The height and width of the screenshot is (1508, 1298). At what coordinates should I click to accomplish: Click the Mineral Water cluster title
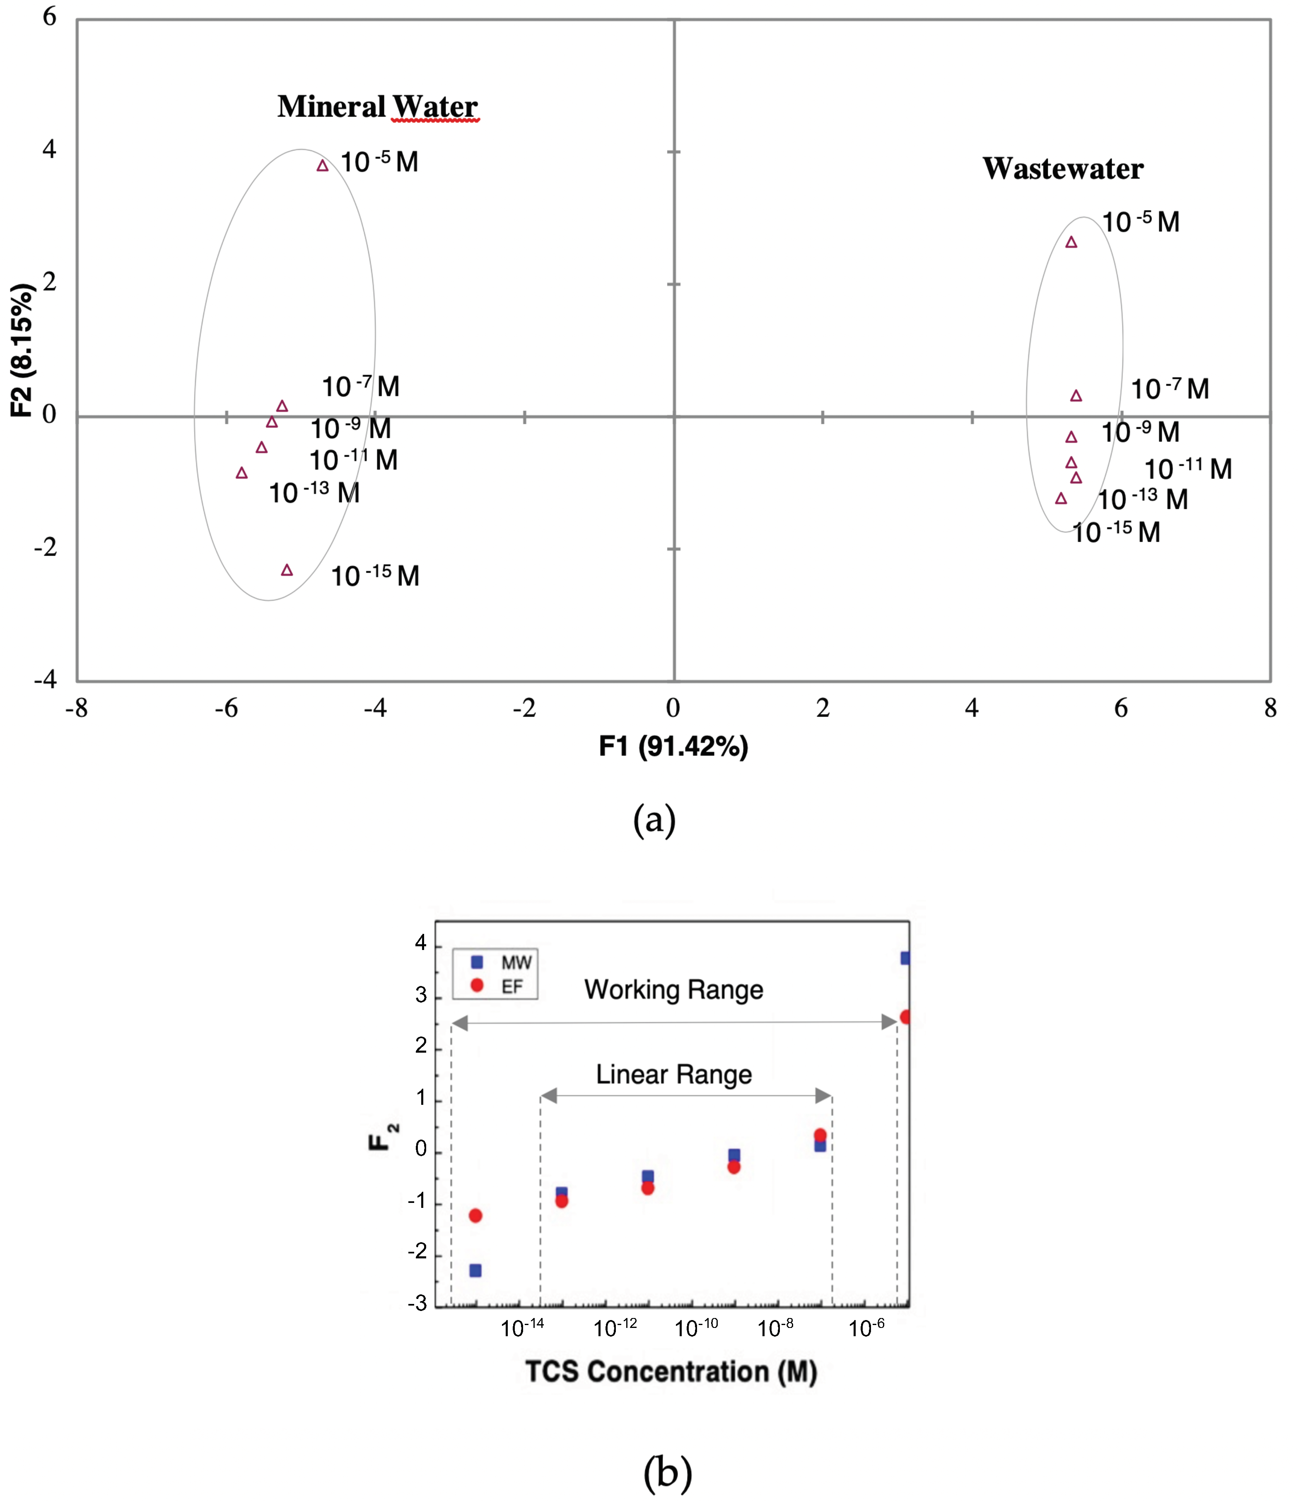pyautogui.click(x=377, y=106)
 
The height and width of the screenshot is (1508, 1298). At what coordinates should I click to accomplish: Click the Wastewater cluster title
pyautogui.click(x=1062, y=169)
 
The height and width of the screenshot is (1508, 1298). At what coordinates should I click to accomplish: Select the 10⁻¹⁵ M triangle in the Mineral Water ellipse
pyautogui.click(x=287, y=570)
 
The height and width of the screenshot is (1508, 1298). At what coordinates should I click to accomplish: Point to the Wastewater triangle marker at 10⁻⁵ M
pyautogui.click(x=1071, y=242)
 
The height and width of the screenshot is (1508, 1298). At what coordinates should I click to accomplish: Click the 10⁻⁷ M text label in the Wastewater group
pyautogui.click(x=1169, y=390)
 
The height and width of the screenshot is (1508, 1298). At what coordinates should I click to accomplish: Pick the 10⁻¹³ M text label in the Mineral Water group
pyautogui.click(x=314, y=493)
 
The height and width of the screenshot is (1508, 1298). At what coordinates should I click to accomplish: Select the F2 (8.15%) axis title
pyautogui.click(x=22, y=350)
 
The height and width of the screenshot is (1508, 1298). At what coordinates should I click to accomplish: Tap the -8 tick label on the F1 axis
pyautogui.click(x=77, y=707)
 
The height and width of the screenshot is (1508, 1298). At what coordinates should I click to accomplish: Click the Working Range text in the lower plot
pyautogui.click(x=673, y=990)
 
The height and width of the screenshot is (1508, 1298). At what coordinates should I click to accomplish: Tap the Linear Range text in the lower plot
pyautogui.click(x=673, y=1074)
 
